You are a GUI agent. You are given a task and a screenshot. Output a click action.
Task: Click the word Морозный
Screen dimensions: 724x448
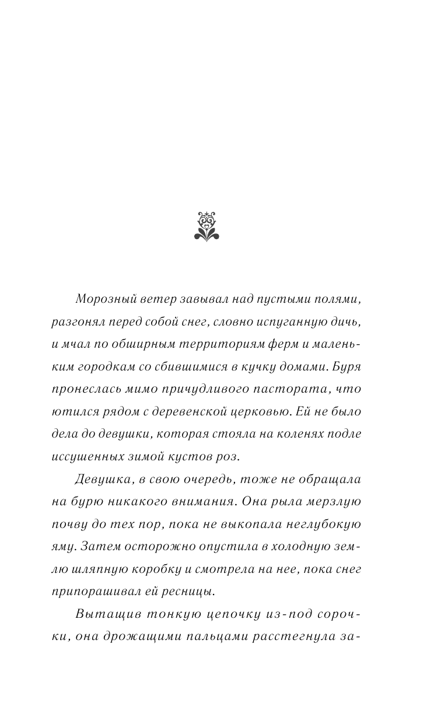tap(101, 299)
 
